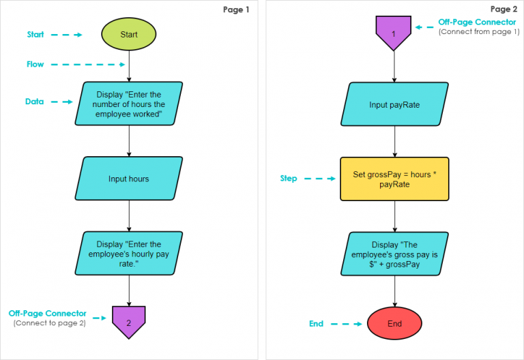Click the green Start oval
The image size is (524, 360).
point(128,34)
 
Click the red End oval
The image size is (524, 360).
point(395,323)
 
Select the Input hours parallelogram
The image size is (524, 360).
point(129,179)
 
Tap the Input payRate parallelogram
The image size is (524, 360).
point(395,104)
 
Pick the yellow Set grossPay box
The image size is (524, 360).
point(395,179)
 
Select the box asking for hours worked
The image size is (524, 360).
point(129,104)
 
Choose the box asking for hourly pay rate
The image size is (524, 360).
point(129,253)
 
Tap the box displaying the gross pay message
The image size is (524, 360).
point(395,254)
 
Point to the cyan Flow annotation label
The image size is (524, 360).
point(35,65)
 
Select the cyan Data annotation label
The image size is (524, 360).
point(35,102)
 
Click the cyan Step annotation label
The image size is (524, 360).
point(289,179)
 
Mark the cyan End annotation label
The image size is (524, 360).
point(316,324)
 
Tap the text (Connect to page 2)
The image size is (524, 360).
point(49,323)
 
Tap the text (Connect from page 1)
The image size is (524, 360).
point(478,32)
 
